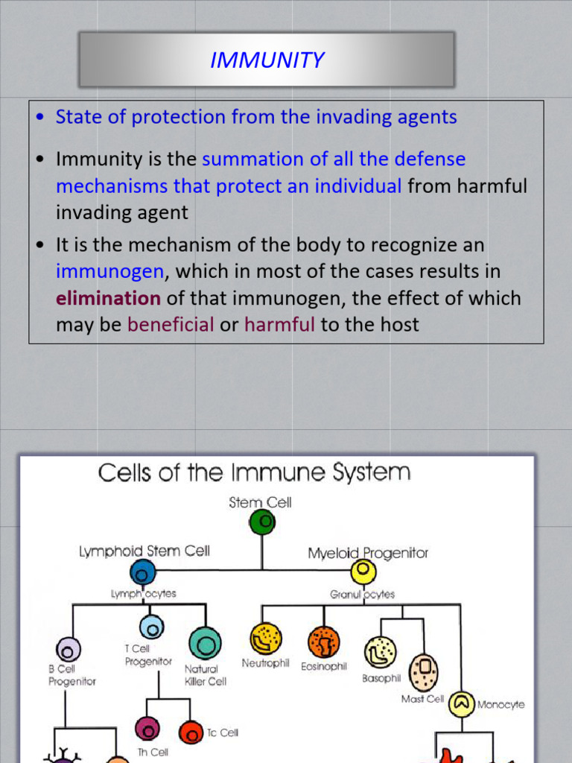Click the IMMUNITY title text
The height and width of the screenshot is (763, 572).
tap(267, 60)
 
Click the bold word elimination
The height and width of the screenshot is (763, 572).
tap(108, 298)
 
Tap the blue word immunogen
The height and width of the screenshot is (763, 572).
tap(110, 272)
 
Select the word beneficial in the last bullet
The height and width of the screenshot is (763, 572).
tap(171, 324)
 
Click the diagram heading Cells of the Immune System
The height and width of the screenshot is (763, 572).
tap(254, 472)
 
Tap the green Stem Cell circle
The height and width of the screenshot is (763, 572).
tap(262, 522)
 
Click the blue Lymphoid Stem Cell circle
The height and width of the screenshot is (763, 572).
tap(143, 572)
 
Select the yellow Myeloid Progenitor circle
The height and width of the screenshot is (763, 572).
tap(363, 572)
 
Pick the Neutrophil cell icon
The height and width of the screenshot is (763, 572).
tap(266, 639)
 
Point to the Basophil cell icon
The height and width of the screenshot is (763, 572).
tap(381, 653)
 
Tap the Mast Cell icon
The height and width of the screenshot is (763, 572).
tap(423, 672)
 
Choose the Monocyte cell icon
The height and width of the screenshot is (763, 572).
tap(462, 704)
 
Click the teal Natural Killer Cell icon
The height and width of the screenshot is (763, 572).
tap(205, 643)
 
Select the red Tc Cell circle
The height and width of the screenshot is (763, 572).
tap(191, 732)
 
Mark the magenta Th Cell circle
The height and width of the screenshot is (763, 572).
tap(147, 729)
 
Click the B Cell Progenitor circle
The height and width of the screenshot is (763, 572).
tap(68, 650)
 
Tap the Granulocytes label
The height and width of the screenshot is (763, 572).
tap(363, 594)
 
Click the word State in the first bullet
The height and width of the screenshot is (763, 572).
tap(79, 117)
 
